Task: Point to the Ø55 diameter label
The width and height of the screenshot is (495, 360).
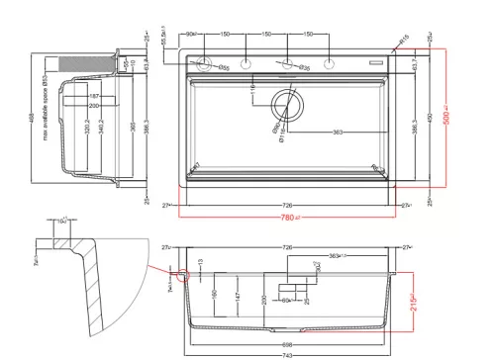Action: click(x=225, y=68)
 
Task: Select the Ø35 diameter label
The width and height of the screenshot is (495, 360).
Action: click(x=304, y=68)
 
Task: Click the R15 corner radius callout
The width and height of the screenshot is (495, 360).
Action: click(x=405, y=41)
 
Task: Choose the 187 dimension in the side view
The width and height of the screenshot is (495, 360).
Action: click(x=94, y=97)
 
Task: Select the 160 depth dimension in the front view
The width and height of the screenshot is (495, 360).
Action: click(x=214, y=295)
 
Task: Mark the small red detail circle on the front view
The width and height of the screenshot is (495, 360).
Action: click(x=179, y=278)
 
